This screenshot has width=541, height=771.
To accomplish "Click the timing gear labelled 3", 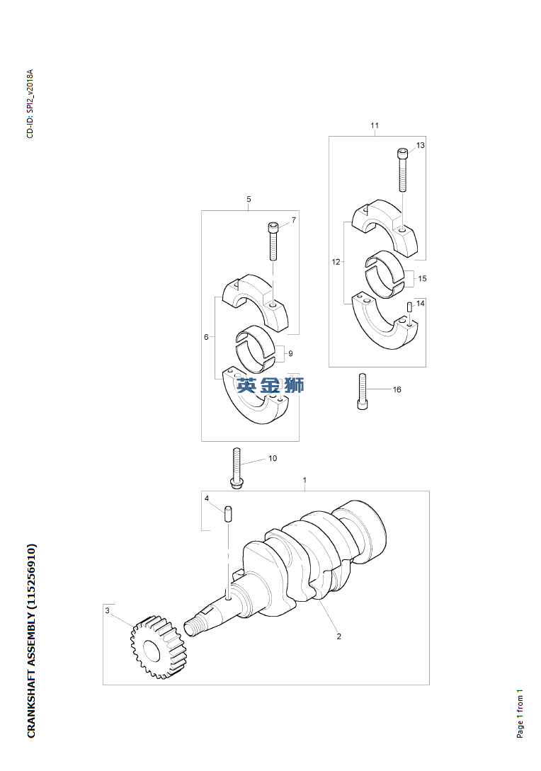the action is (x=159, y=647).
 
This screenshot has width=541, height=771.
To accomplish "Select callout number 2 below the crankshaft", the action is (x=339, y=636).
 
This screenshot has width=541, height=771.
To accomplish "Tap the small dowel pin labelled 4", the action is (x=228, y=514).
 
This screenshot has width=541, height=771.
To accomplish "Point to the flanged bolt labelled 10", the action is (x=237, y=468).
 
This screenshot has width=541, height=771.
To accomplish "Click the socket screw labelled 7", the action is (x=273, y=241).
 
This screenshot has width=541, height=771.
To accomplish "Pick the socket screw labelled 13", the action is (x=403, y=170).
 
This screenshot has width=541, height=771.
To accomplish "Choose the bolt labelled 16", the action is (x=363, y=392).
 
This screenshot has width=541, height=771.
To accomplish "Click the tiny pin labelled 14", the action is (x=409, y=308).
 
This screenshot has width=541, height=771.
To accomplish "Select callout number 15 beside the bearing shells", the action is (x=422, y=278).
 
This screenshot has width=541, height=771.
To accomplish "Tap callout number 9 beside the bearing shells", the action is (x=290, y=353).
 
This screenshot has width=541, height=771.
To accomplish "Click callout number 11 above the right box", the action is (x=375, y=125).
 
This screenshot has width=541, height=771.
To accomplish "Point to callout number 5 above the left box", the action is (x=249, y=199).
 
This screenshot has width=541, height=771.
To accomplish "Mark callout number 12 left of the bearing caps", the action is (x=336, y=262).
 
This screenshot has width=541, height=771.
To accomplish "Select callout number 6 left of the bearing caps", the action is (x=207, y=337).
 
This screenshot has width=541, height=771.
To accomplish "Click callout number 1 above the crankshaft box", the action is (x=305, y=480).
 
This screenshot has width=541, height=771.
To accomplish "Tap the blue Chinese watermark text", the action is (x=270, y=385).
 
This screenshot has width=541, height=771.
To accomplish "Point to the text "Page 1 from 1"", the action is (x=520, y=714).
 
